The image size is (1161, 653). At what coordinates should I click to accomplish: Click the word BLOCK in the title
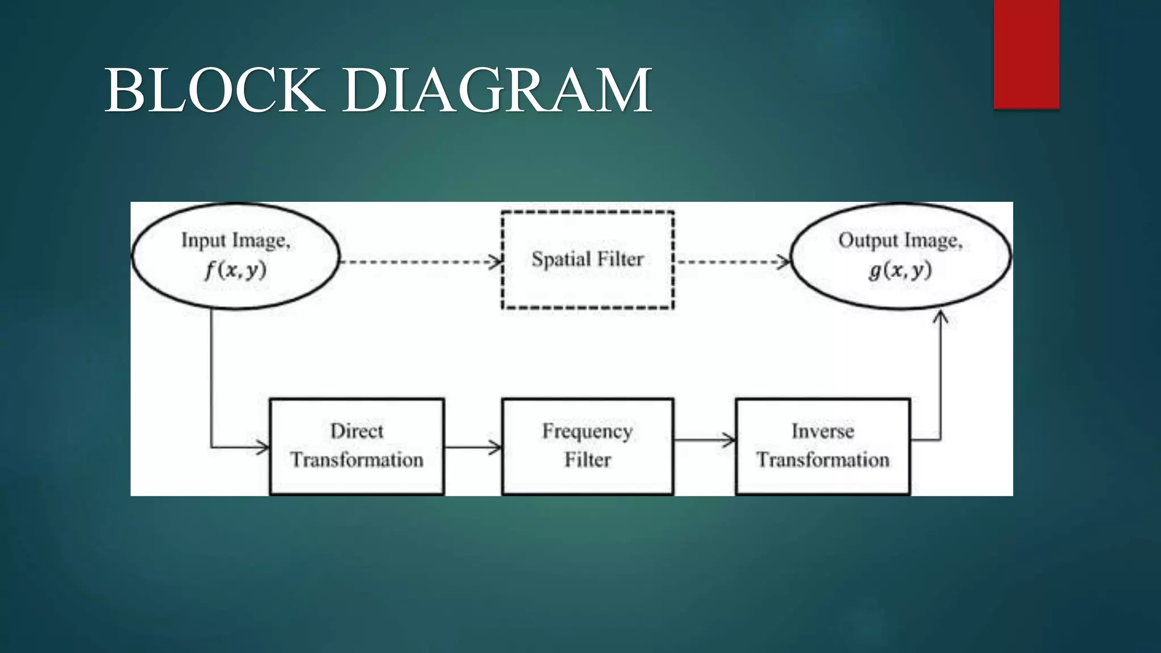coord(214,91)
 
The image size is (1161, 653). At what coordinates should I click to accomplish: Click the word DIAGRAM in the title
coord(497,91)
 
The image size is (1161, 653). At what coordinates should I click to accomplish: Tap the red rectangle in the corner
coord(1026,54)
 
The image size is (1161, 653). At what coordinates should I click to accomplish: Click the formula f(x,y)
coord(235,270)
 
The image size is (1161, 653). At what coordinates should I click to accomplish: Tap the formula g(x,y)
coord(900,270)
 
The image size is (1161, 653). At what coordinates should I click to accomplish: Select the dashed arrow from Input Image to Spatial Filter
coord(420,262)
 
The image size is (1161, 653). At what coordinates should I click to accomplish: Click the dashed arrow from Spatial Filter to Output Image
coord(731,262)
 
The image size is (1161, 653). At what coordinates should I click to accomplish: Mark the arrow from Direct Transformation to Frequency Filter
coord(472,447)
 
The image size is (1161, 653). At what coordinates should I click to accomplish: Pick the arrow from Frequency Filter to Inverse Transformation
coord(704,439)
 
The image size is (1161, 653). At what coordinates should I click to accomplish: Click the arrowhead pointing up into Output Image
coord(940,317)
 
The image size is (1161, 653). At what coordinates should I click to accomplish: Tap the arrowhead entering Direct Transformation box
coord(262,447)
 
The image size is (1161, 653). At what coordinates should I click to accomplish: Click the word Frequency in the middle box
coord(587,431)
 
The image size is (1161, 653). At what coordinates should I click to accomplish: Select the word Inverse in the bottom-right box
coord(823,431)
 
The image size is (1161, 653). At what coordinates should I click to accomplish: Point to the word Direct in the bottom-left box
coord(357,431)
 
